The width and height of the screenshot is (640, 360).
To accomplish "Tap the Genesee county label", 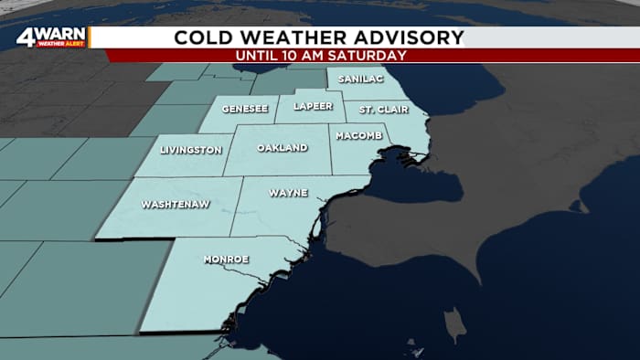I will (244, 108).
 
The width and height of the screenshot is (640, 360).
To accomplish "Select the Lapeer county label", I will (314, 106).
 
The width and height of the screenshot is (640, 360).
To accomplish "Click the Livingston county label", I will (190, 149).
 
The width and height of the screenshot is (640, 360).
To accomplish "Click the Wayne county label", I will (288, 193).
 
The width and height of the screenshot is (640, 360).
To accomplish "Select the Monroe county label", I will (225, 259).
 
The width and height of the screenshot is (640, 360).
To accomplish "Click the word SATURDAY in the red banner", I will (368, 55).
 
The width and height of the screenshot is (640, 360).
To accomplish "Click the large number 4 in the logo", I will (26, 37).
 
